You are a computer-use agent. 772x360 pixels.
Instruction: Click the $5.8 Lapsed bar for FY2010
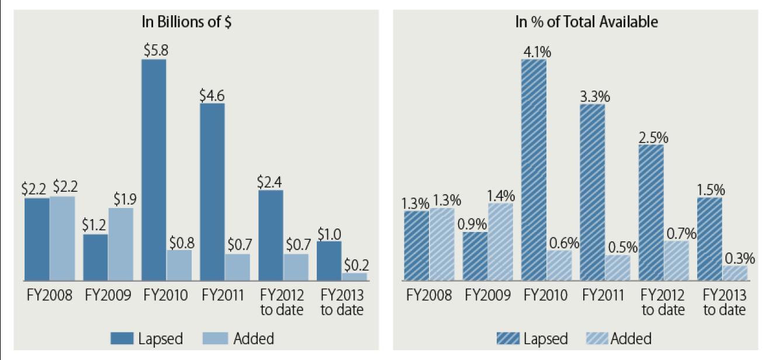coord(154,169)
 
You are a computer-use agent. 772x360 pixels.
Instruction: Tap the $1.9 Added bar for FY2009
coord(120,244)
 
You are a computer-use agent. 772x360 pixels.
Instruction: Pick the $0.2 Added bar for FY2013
coord(354,276)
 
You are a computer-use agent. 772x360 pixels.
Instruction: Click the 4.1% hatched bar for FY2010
coord(534,170)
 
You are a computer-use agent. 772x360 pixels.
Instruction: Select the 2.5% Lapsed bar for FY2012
coord(651,213)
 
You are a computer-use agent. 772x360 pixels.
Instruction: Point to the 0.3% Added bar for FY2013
coord(735,274)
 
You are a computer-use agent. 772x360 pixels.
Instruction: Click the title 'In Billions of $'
coord(183,22)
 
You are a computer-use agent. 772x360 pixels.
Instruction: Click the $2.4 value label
coord(271,181)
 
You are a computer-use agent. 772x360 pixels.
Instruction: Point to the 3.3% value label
coord(593,96)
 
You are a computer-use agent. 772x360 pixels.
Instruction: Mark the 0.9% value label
coord(475,223)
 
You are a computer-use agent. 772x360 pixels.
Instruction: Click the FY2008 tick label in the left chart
coord(49,295)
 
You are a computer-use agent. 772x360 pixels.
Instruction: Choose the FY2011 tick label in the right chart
coord(605,295)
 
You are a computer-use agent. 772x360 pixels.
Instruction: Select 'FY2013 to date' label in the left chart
coord(341,302)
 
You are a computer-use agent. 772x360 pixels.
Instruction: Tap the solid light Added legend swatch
coord(216,338)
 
